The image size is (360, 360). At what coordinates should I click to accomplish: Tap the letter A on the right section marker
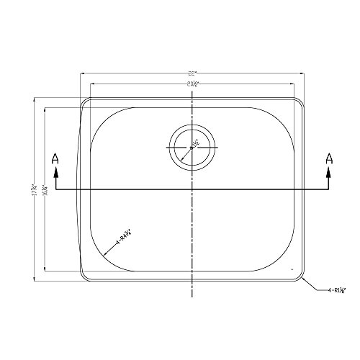pos(329,158)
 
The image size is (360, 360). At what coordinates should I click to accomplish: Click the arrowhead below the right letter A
pos(329,174)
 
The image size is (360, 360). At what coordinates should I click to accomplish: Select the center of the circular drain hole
pos(192,146)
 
